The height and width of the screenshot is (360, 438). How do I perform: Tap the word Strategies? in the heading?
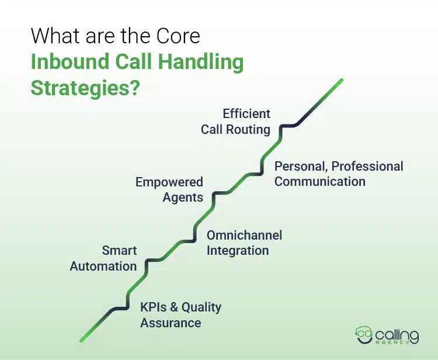[x=85, y=88]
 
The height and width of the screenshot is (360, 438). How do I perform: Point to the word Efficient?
[x=246, y=113]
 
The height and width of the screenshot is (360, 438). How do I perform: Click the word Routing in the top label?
[x=248, y=130]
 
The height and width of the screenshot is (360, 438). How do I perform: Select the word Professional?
[x=367, y=166]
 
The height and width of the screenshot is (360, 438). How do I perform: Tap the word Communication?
[x=320, y=181]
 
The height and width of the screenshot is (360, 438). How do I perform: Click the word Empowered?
[x=169, y=182]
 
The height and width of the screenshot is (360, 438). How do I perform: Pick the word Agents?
[x=183, y=198]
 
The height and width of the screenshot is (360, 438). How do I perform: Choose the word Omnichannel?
[x=245, y=235]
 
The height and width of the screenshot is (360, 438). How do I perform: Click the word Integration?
[x=238, y=250]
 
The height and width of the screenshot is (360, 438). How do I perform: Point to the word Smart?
[x=119, y=250]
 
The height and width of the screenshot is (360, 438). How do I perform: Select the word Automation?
[x=103, y=266]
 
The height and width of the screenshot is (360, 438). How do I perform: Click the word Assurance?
[x=171, y=323]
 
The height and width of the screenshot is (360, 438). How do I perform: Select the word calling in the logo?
[x=397, y=335]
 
